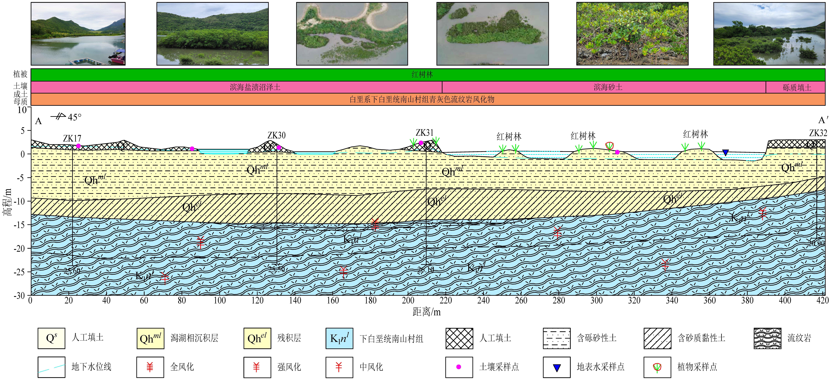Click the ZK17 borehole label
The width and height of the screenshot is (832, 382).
click(72, 138)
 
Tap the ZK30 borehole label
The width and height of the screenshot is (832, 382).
click(277, 135)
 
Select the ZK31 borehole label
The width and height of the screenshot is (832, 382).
click(424, 133)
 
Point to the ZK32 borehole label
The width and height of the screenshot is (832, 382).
click(818, 133)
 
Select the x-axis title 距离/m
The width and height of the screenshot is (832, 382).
click(426, 312)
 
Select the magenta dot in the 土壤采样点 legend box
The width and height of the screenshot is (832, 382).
click(459, 367)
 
